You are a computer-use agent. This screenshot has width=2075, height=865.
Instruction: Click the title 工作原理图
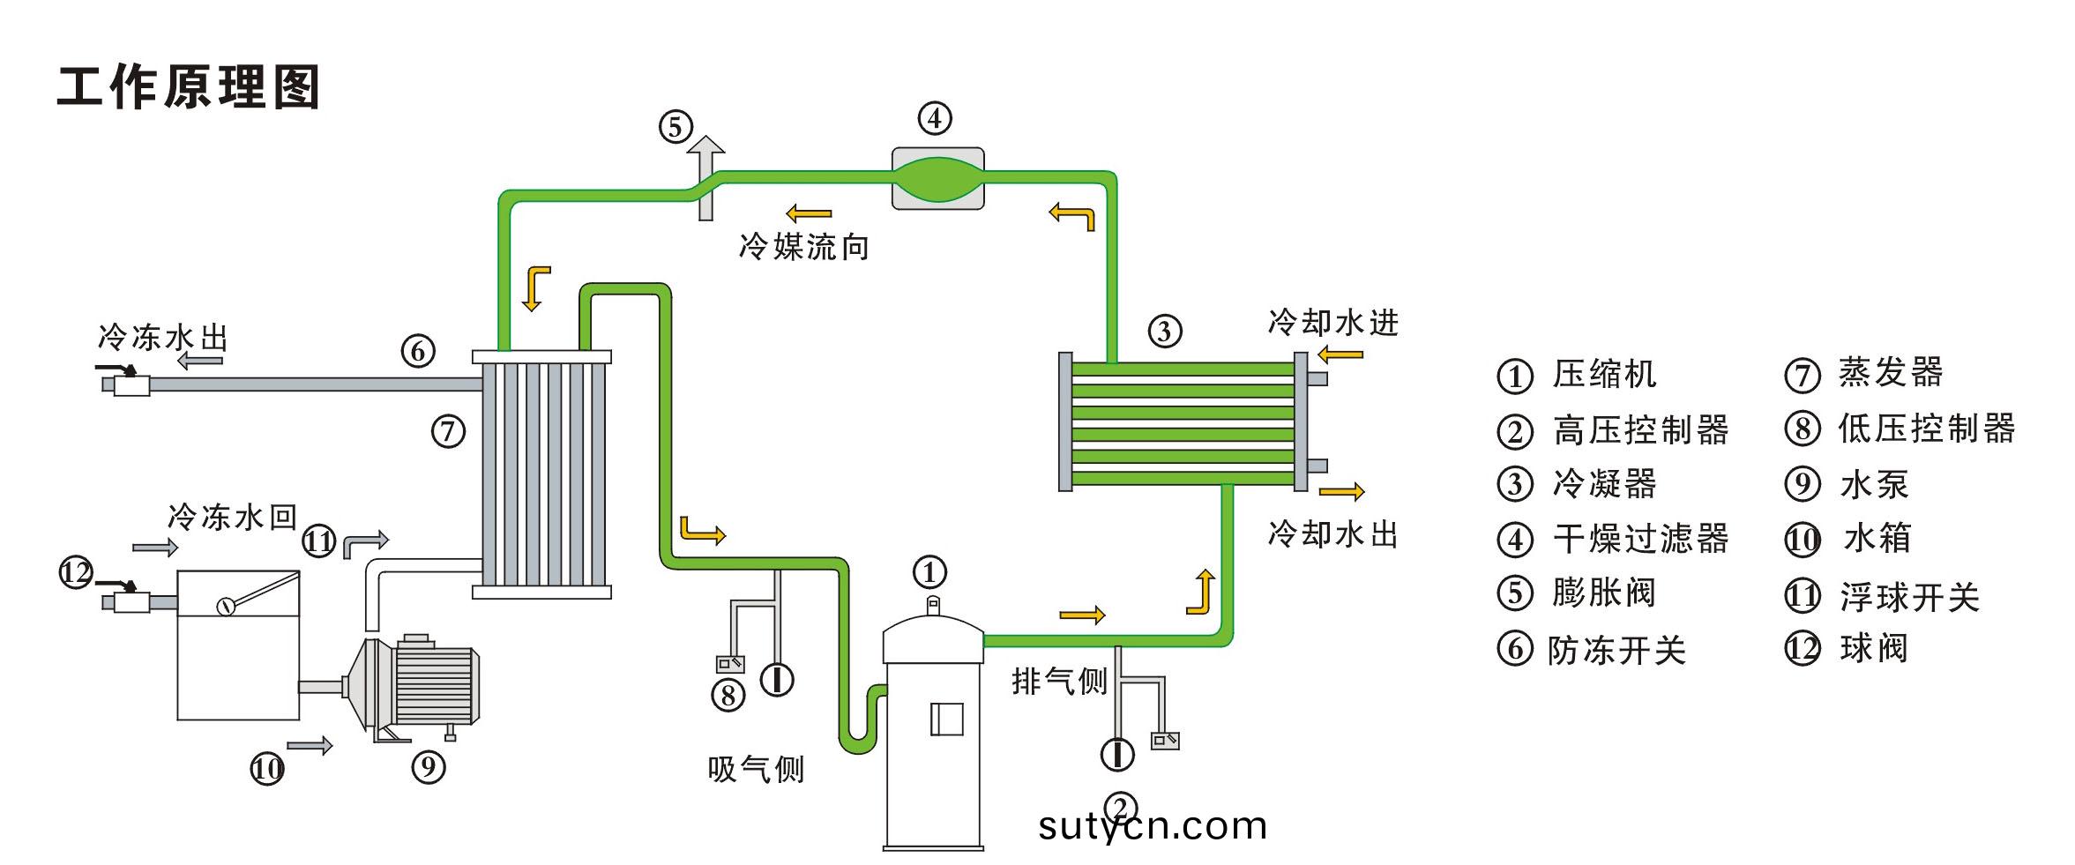188,87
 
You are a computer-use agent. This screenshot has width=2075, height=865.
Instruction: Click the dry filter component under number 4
937,178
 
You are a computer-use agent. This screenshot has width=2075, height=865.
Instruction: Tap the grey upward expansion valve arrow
705,176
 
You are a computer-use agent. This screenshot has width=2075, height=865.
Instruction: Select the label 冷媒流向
803,247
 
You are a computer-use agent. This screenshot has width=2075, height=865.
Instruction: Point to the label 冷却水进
1332,323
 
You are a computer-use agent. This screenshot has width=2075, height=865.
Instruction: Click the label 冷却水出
1332,534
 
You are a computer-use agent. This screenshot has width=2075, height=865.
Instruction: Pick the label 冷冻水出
163,338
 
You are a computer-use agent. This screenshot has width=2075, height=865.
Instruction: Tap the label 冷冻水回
232,518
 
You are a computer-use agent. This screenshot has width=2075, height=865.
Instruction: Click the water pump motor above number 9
432,681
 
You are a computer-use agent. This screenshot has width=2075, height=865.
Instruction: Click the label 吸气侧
756,770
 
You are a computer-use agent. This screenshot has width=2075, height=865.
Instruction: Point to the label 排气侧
1059,681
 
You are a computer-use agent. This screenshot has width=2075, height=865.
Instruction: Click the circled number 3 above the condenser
1164,332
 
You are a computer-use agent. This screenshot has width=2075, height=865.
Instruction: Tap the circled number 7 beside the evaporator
448,431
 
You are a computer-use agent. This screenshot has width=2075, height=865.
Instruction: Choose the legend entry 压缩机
1604,375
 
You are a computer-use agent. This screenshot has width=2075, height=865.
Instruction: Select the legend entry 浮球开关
1909,598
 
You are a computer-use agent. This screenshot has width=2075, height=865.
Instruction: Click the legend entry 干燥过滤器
1640,539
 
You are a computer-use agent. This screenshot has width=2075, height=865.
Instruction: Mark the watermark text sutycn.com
1153,826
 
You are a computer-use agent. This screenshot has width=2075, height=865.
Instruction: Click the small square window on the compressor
946,719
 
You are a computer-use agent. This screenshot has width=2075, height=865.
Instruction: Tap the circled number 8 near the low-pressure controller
728,696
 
